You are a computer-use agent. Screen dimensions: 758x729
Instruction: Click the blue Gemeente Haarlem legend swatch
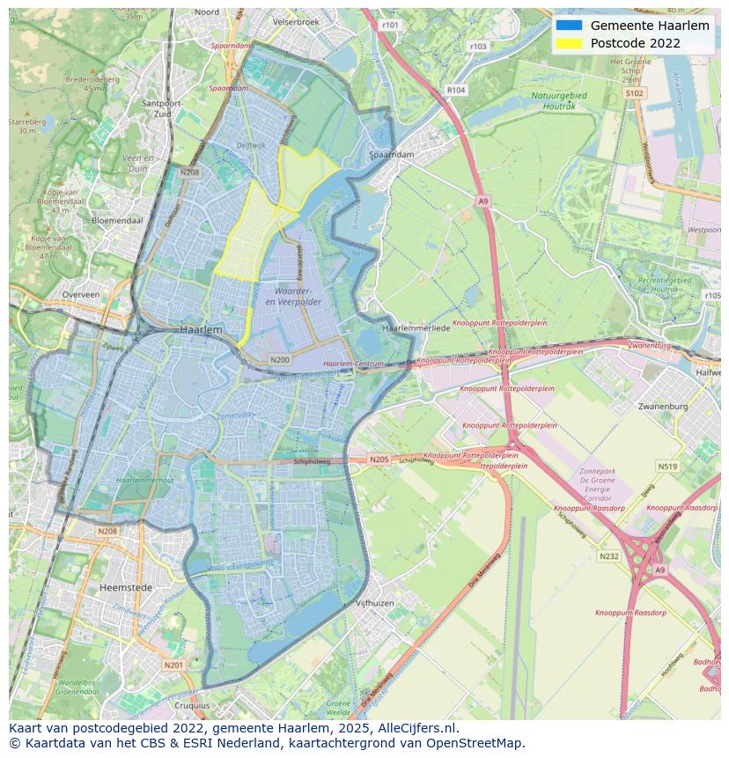[x=570, y=26]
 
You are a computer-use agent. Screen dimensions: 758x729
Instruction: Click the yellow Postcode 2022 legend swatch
[x=570, y=43]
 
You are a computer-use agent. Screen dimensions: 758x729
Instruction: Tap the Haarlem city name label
[x=201, y=328]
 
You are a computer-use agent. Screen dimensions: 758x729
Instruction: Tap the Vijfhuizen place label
[x=374, y=603]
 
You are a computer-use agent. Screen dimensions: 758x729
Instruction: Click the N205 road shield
[x=379, y=460]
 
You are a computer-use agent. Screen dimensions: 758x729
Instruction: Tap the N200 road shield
[x=280, y=360]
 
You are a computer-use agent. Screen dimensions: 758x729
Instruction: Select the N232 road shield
[x=608, y=556]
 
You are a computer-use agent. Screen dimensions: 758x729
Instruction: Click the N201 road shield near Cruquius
[x=173, y=665]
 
